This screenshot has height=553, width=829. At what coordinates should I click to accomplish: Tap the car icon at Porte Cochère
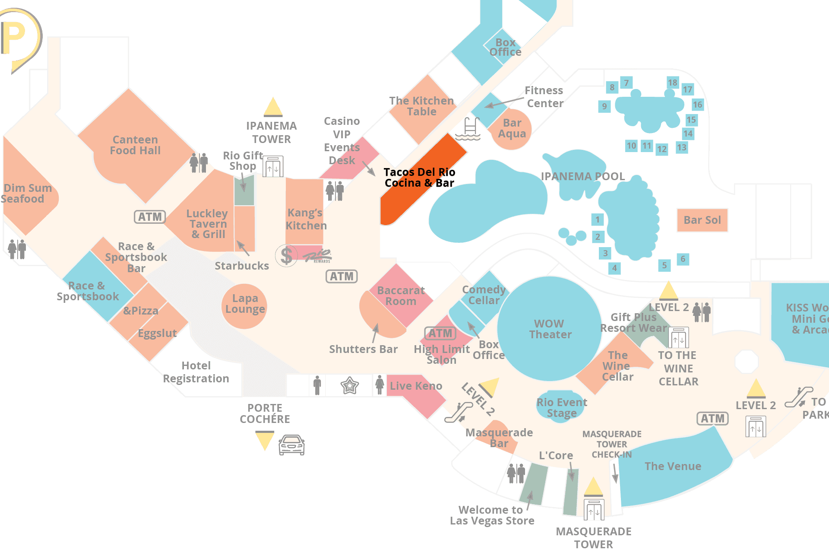click(x=291, y=445)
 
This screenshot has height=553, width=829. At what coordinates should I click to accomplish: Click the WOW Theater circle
click(x=549, y=329)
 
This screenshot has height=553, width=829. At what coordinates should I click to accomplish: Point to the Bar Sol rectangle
click(x=702, y=220)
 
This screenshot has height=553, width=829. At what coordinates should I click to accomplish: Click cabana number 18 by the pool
click(x=672, y=83)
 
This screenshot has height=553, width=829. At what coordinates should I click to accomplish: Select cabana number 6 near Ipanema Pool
click(x=683, y=259)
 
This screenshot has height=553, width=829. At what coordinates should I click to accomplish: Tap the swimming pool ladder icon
click(x=469, y=129)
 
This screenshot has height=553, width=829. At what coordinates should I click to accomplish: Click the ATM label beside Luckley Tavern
click(x=150, y=216)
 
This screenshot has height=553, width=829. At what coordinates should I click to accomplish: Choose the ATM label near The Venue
click(x=712, y=418)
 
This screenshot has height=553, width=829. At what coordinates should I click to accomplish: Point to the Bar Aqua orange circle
click(x=512, y=129)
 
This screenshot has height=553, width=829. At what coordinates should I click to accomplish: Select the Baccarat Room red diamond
click(x=401, y=295)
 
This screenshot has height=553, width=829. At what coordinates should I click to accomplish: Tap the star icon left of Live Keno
click(x=349, y=385)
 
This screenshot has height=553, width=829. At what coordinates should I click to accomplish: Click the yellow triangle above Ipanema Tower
click(x=273, y=107)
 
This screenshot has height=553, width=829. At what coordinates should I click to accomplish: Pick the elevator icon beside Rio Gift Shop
click(x=273, y=167)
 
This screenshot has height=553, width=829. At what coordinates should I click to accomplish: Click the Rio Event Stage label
click(x=561, y=408)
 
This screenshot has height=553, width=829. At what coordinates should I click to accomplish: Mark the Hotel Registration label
click(x=196, y=372)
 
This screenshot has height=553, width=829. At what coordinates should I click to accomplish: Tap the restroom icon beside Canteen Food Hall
click(x=199, y=163)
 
